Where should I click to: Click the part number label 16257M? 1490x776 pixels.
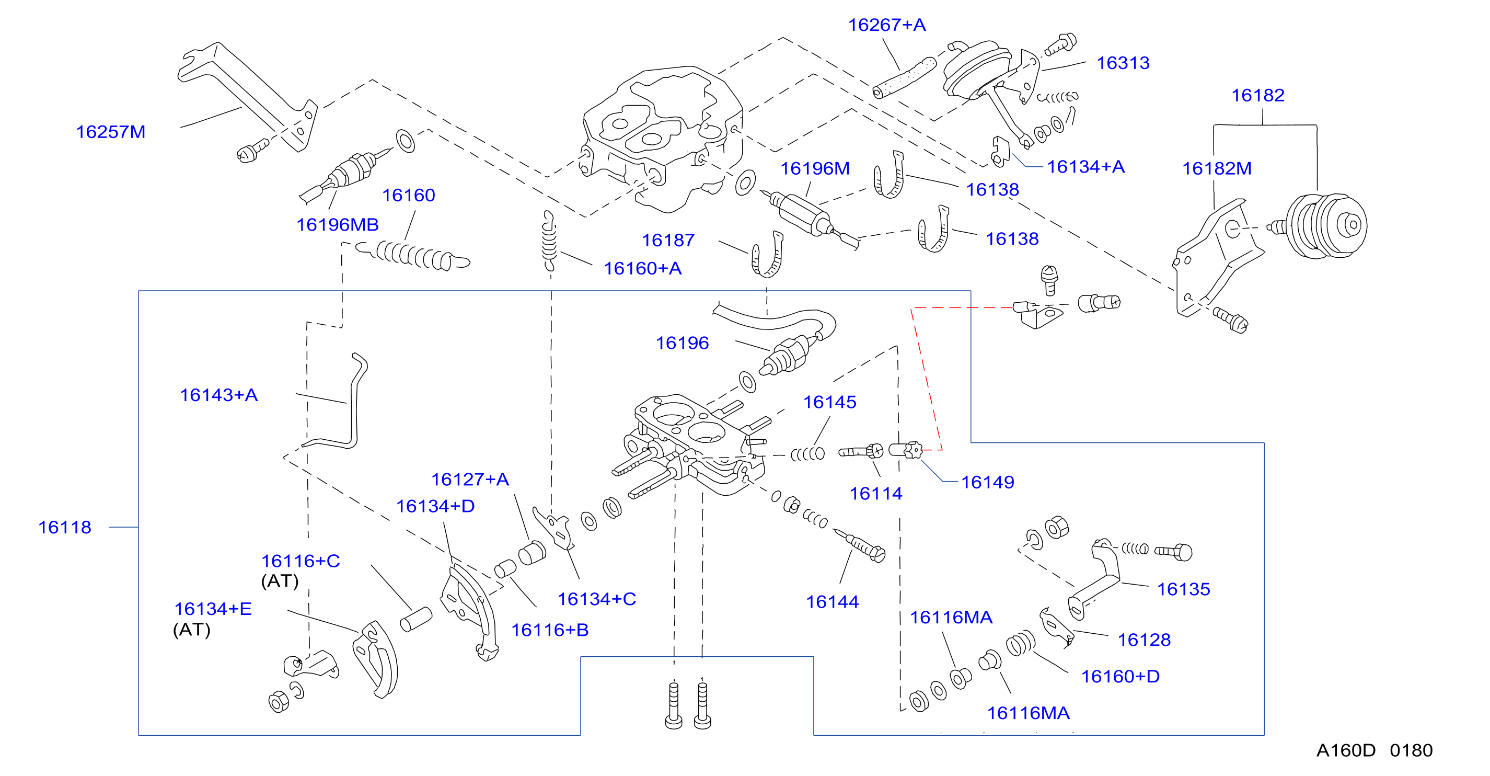click(110, 132)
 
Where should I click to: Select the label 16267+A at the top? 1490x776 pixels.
click(886, 25)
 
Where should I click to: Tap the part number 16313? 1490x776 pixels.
click(1123, 63)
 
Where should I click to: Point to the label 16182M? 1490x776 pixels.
click(1217, 168)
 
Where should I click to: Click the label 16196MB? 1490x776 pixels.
click(337, 224)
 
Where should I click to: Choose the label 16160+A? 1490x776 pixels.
click(643, 268)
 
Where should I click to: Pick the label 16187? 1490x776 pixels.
click(668, 240)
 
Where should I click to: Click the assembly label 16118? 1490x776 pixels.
click(65, 527)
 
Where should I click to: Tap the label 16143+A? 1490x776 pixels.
click(218, 395)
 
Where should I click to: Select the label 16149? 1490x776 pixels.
click(987, 482)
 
